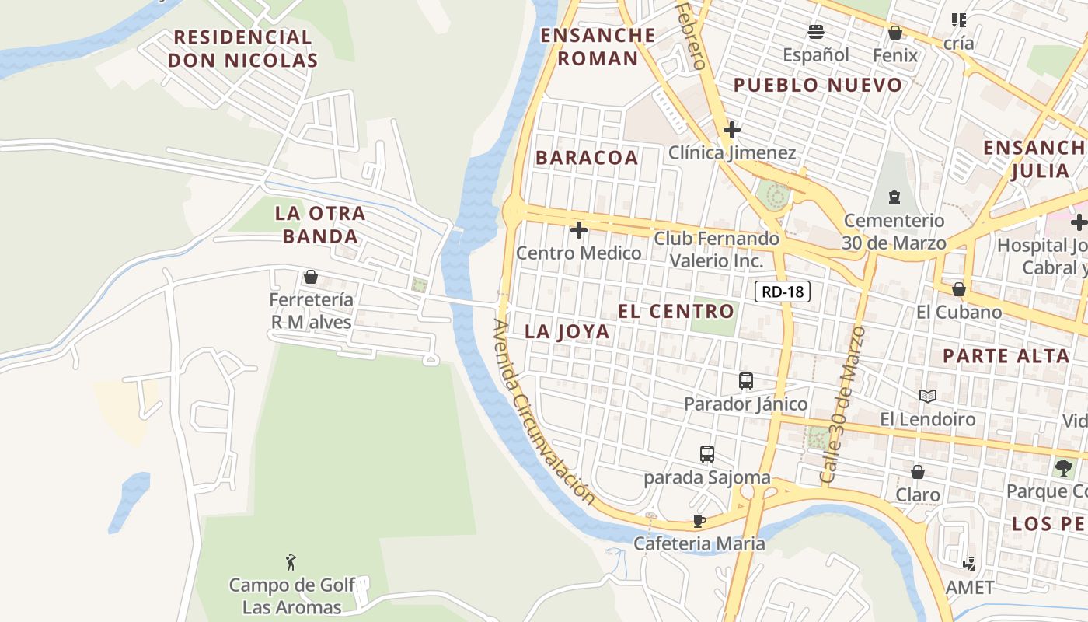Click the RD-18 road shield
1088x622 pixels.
point(783,292)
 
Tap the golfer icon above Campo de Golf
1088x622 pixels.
point(291,561)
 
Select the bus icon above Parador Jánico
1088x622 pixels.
point(746,381)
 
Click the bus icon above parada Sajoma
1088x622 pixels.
point(706,454)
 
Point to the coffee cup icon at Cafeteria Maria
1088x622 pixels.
point(699,521)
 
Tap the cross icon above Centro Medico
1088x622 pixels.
point(578,230)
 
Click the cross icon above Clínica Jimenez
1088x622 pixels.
point(731,130)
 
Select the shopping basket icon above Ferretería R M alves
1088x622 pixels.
point(311,277)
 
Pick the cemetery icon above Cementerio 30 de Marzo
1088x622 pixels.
point(894,197)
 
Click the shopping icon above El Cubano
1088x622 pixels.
point(958,289)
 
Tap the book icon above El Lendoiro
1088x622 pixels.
point(927,397)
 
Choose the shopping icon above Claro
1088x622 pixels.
point(918,472)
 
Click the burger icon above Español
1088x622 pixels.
point(815,32)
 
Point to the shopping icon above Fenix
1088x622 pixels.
point(895,33)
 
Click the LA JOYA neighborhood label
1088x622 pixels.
point(567,331)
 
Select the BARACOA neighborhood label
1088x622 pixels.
point(587,158)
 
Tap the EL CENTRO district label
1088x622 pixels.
point(676,312)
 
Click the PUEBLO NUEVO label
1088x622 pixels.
point(818,86)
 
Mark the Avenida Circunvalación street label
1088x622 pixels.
point(543,412)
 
